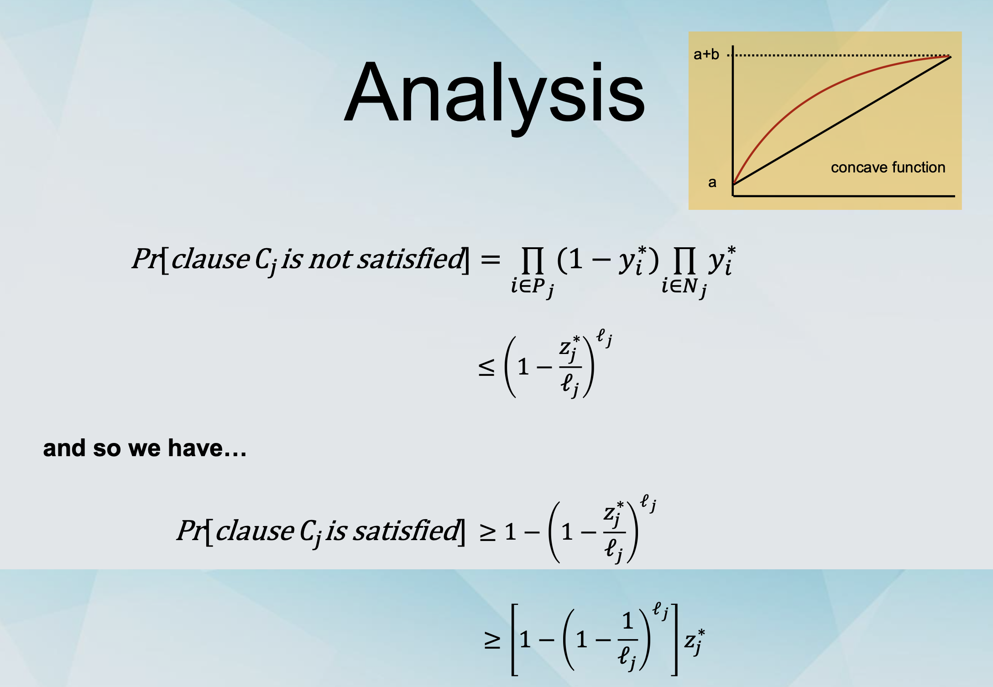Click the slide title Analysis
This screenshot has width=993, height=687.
[494, 94]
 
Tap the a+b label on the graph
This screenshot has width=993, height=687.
[706, 54]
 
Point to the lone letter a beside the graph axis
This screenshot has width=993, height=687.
[712, 182]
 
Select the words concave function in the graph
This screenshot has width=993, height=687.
[888, 167]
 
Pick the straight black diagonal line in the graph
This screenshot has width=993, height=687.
[842, 120]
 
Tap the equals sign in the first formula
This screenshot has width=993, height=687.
[490, 260]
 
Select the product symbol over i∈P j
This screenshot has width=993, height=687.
[533, 260]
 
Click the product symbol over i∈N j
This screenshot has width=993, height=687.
[684, 260]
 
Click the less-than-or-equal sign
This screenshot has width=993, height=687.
[486, 367]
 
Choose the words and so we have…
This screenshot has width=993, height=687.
[145, 448]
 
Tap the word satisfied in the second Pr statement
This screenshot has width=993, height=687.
[406, 531]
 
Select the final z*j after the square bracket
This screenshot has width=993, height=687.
[695, 641]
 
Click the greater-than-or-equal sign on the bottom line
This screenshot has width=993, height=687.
[492, 640]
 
